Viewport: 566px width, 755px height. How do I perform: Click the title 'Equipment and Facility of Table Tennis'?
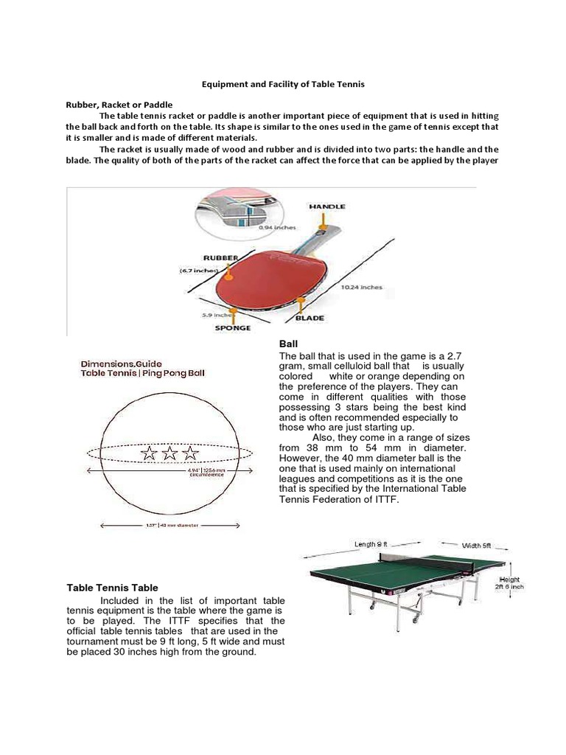pyautogui.click(x=283, y=85)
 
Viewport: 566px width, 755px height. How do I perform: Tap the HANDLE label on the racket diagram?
pyautogui.click(x=326, y=206)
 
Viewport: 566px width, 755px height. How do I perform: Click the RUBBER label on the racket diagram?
pyautogui.click(x=220, y=259)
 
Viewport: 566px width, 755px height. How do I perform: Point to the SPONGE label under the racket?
pyautogui.click(x=232, y=327)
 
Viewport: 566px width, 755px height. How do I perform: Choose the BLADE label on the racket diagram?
pyautogui.click(x=310, y=318)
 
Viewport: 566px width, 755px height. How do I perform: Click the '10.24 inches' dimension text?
pyautogui.click(x=361, y=287)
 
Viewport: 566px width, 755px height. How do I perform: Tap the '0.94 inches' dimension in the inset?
pyautogui.click(x=278, y=228)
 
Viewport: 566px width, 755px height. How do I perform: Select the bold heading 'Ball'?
pyautogui.click(x=287, y=344)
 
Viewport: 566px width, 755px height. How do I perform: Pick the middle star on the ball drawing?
pyautogui.click(x=170, y=453)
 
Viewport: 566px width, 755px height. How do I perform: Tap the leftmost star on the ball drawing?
pyautogui.click(x=150, y=453)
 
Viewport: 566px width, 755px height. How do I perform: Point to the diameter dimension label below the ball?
pyautogui.click(x=170, y=525)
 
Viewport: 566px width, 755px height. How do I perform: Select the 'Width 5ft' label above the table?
pyautogui.click(x=476, y=546)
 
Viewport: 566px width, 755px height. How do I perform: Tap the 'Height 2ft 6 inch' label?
pyautogui.click(x=509, y=583)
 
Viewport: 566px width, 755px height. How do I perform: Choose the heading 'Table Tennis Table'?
pyautogui.click(x=113, y=588)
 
